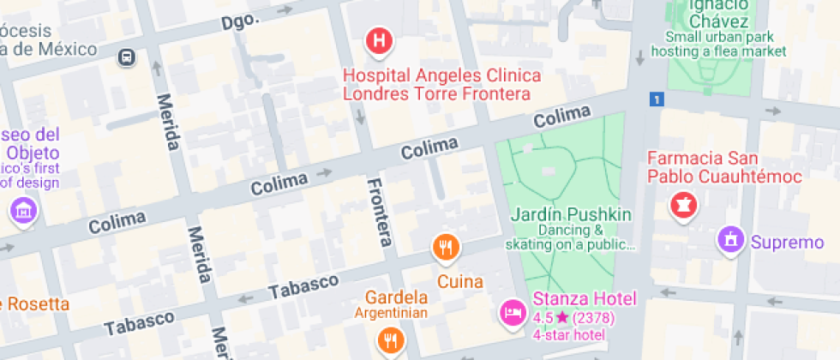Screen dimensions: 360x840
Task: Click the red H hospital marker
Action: pos(380,40)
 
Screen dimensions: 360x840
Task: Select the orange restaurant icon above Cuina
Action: pos(444,249)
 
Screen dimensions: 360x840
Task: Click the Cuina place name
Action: pos(460,281)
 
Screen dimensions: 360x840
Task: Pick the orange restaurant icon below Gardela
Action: pos(389,340)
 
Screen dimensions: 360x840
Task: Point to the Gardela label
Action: pos(397,298)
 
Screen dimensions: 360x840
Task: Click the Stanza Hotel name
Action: pos(585,299)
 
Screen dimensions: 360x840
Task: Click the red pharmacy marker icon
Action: pos(683,206)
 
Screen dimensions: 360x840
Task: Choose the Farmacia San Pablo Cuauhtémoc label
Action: pos(724,168)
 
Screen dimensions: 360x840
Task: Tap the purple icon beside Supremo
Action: pos(730,241)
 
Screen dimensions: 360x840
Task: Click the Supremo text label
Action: pos(787,243)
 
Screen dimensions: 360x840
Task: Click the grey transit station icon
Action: pos(126,57)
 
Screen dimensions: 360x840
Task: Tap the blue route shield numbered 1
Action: pos(657,99)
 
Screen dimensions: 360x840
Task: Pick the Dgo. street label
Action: pos(240,20)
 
